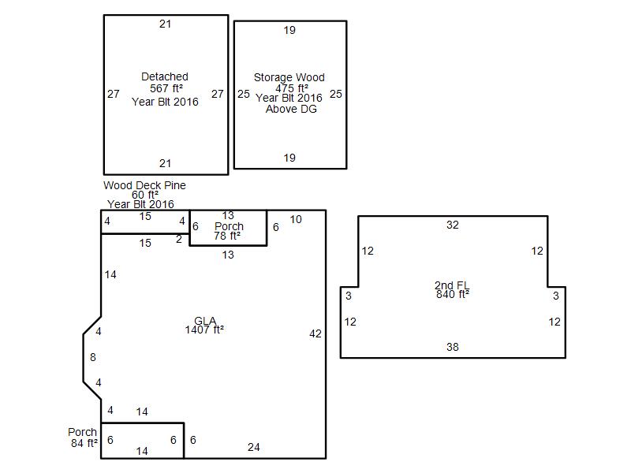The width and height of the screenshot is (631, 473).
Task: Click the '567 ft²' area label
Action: click(166, 88)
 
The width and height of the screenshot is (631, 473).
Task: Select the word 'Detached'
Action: click(165, 76)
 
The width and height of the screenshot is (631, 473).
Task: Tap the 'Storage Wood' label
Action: click(289, 77)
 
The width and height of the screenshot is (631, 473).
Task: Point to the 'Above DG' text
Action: click(291, 109)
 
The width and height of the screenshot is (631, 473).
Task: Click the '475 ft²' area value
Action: click(292, 88)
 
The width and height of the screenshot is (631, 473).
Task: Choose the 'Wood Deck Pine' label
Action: click(144, 185)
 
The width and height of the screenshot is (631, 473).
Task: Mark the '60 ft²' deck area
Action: click(145, 195)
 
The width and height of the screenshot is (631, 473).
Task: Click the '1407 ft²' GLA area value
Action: click(204, 330)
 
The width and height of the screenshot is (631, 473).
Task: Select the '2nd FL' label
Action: click(452, 285)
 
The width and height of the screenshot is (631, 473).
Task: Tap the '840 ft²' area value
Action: click(453, 294)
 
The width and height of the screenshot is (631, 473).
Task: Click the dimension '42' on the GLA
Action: click(315, 333)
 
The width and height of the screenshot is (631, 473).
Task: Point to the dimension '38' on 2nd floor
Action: click(452, 347)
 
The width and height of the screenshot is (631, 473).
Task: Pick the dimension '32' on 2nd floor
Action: click(452, 225)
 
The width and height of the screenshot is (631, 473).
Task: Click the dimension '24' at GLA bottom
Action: click(253, 447)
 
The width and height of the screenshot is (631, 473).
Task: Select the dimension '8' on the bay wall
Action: click(93, 357)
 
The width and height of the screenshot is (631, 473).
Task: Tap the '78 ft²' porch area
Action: click(227, 236)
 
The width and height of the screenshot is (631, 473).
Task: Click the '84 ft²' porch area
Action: click(84, 443)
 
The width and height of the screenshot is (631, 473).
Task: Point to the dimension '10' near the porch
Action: click(296, 220)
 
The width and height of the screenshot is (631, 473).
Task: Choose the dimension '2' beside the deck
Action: click(179, 240)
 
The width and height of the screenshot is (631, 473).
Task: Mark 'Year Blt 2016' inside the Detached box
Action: click(165, 102)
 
